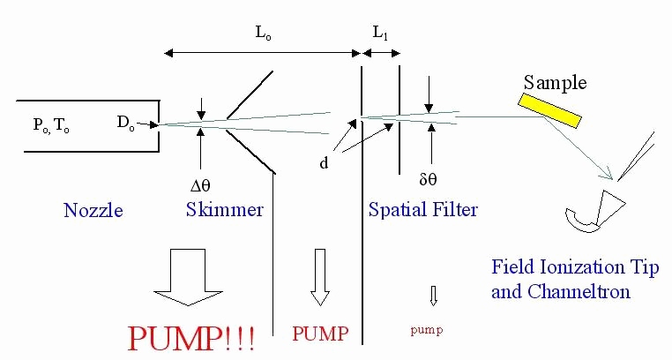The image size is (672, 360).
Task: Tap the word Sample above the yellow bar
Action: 555,82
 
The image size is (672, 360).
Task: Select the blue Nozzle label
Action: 93,211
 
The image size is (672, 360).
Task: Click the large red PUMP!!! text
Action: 192,339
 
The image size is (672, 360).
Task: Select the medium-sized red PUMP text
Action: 320,334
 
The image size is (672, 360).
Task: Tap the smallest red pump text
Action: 426,331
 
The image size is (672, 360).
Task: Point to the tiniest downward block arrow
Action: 432,294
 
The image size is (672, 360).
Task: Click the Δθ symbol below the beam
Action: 203,186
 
